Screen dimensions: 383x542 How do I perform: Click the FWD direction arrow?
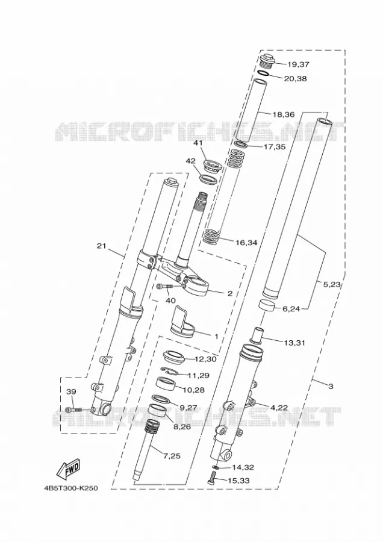click(68, 469)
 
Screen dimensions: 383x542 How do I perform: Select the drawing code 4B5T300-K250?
click(71, 488)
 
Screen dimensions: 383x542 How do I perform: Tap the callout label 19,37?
click(298, 64)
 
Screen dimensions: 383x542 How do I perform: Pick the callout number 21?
click(101, 246)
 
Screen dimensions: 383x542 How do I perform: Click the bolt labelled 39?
click(73, 410)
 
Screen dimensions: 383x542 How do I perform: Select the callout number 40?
click(170, 301)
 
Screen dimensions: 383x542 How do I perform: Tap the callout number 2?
click(230, 293)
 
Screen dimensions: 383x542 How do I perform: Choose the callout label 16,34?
click(246, 243)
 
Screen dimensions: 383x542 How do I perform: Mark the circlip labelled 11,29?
click(172, 372)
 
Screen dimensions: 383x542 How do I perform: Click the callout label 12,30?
click(206, 360)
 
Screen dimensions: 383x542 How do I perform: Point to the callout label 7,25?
click(172, 456)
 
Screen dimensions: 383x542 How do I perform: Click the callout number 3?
click(331, 387)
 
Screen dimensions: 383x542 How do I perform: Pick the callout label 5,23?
click(332, 285)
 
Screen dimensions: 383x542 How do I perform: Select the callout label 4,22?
click(279, 408)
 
